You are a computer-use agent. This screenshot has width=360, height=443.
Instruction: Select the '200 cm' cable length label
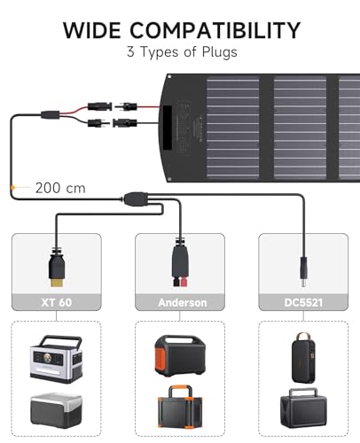[61, 187]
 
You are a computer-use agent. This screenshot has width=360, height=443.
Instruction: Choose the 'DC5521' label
[298, 302]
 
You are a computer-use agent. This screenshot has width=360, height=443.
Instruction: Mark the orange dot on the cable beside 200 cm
[12, 187]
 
